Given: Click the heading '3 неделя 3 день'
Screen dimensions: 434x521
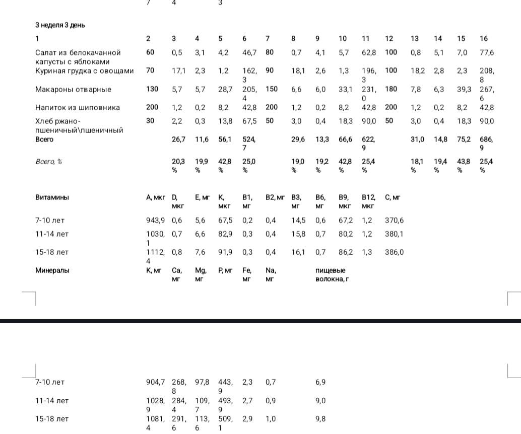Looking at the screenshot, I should click(x=60, y=25).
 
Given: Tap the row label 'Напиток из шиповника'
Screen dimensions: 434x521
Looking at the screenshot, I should click(x=78, y=107).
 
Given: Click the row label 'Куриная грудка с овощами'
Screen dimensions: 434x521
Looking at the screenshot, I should click(x=85, y=70).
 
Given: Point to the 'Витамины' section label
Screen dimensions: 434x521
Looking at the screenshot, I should click(x=52, y=197).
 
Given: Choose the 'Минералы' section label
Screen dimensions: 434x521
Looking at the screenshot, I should click(x=52, y=270).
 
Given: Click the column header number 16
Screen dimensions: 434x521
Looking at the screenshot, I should click(x=484, y=38).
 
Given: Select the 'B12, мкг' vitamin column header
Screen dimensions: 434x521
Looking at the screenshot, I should click(x=368, y=201).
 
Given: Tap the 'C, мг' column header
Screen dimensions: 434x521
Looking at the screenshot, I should click(x=393, y=197).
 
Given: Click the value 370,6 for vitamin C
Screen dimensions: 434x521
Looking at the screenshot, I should click(x=394, y=220).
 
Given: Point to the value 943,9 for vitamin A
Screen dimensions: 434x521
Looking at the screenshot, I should click(x=155, y=220).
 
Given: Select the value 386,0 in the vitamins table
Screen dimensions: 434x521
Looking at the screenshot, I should click(x=394, y=252).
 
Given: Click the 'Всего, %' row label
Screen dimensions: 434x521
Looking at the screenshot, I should click(x=49, y=161).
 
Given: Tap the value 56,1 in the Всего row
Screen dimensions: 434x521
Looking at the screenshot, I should click(x=225, y=139).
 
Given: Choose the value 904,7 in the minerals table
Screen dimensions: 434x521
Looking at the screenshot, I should click(x=155, y=382).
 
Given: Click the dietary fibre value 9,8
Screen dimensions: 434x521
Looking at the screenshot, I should click(x=320, y=419).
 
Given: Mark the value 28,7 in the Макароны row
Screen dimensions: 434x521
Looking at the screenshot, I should click(x=225, y=89).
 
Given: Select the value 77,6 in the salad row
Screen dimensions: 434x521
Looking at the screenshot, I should click(x=487, y=52).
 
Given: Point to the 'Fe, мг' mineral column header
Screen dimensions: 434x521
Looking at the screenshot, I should click(x=247, y=274).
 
